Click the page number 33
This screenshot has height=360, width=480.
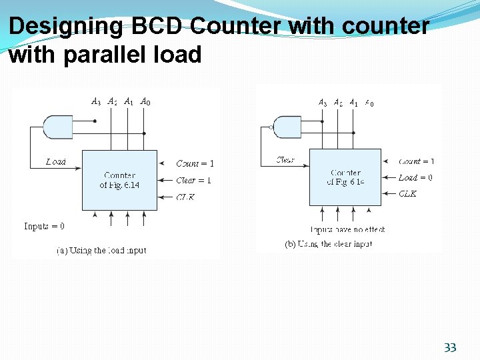tap(450, 347)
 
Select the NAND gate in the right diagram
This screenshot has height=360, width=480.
tap(287, 126)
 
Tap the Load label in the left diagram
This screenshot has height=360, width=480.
tap(56, 162)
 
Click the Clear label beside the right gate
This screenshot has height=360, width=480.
tap(285, 160)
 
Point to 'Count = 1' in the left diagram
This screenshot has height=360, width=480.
tap(195, 163)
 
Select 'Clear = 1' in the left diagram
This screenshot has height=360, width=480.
tap(194, 180)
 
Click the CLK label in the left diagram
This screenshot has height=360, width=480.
tap(185, 197)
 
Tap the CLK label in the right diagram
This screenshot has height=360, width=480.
tap(407, 194)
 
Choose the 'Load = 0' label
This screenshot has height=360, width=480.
tap(415, 178)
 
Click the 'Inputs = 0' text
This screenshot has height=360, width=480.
tap(44, 226)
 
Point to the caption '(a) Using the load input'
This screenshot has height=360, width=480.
tap(101, 251)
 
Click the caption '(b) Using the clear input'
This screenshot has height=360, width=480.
tap(329, 244)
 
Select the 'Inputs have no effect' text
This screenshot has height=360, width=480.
tap(349, 229)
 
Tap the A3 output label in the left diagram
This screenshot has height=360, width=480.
tap(96, 102)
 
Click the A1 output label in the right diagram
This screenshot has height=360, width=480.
tap(354, 103)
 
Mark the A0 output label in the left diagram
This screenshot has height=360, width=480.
tap(145, 102)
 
